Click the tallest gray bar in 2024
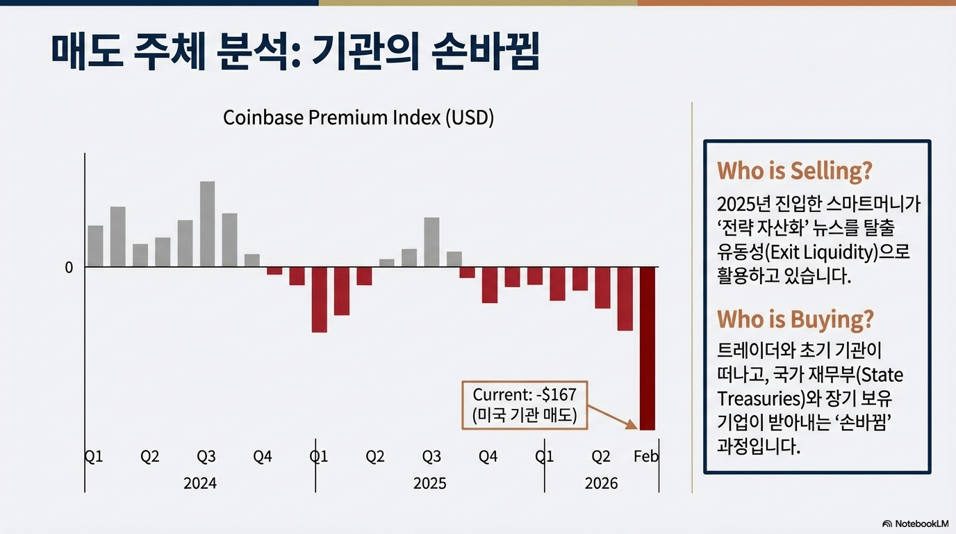tap(207, 224)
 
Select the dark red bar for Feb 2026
tap(648, 348)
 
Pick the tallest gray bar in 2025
tap(431, 242)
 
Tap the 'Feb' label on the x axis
tap(646, 457)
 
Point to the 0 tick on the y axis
tap(69, 268)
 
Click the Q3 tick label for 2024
tap(206, 457)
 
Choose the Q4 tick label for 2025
tap(488, 457)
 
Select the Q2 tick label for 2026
tap(600, 457)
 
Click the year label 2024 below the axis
tap(200, 483)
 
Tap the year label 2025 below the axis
tap(429, 483)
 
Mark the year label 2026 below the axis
tap(601, 483)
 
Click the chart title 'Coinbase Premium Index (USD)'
tap(358, 118)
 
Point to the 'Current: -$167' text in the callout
tap(525, 395)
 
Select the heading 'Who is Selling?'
tap(794, 171)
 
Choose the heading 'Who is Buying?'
tap(795, 319)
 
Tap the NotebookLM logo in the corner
tap(915, 523)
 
